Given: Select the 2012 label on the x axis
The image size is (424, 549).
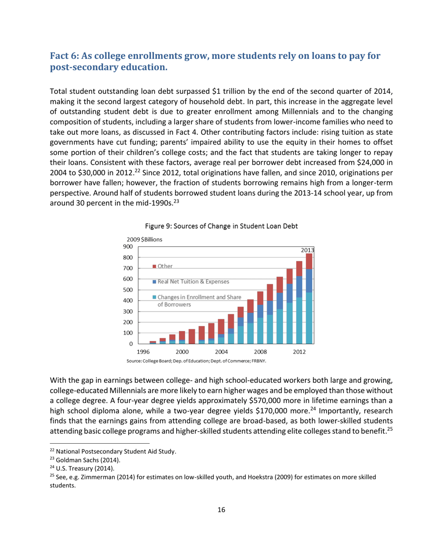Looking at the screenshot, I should pyautogui.click(x=299, y=351).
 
